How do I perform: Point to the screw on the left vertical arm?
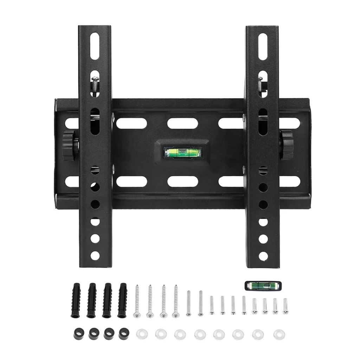[x=95, y=84]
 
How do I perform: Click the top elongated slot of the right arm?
[x=263, y=46]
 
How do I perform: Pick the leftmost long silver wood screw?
[x=137, y=301]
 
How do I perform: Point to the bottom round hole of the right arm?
[x=263, y=253]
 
